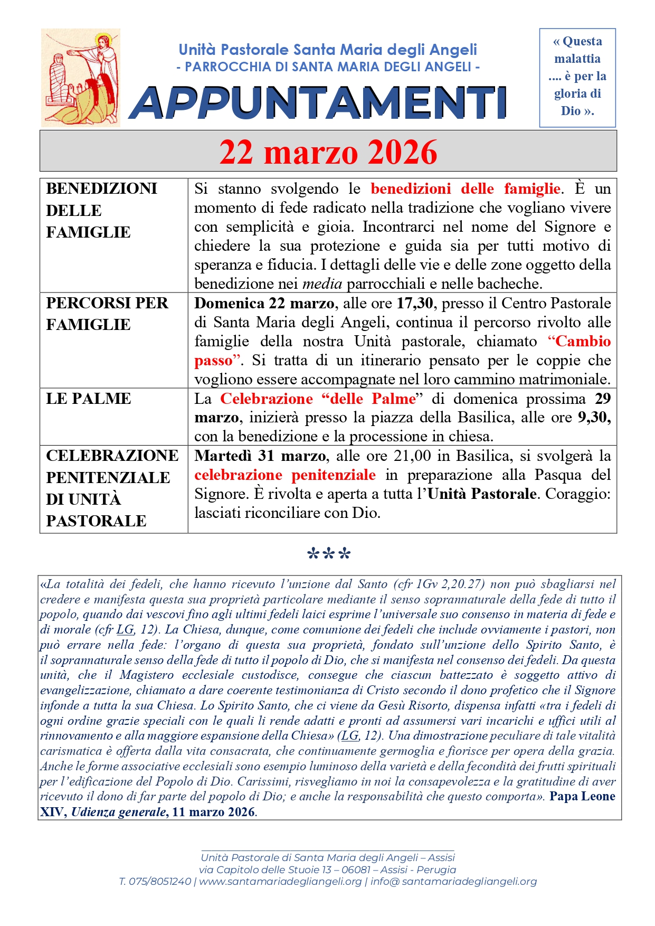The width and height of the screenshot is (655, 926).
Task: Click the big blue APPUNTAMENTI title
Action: [318, 102]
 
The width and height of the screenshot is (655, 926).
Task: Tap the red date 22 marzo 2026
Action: [328, 152]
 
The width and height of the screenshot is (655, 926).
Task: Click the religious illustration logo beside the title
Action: [81, 78]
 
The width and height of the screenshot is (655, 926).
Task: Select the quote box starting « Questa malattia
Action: [577, 77]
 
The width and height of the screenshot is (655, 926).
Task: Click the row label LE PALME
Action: [88, 399]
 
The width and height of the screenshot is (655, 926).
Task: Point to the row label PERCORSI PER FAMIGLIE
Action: [107, 314]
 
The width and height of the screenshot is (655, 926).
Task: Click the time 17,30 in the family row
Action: [415, 304]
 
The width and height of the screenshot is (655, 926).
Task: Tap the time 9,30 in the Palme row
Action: [594, 418]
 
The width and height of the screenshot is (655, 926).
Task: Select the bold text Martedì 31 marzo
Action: [260, 456]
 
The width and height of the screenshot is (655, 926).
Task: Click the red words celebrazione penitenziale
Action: [285, 475]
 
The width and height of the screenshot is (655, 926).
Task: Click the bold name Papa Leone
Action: [582, 797]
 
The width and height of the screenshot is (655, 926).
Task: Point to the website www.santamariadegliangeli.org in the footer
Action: [280, 882]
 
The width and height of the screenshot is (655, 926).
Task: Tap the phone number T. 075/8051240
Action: [155, 882]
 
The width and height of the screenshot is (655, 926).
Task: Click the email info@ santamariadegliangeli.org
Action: [453, 882]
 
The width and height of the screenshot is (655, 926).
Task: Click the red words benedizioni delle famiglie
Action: [466, 189]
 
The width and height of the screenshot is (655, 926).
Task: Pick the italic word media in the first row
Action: [322, 284]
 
